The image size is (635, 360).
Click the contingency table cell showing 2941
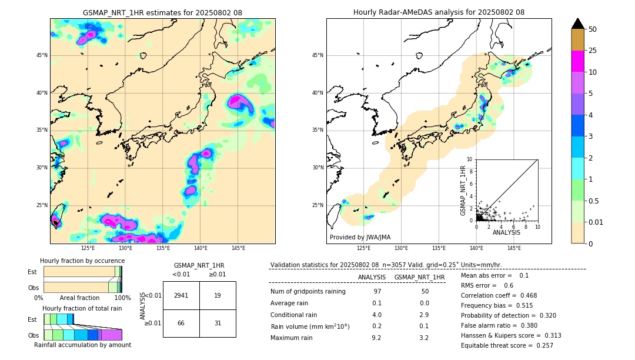181,295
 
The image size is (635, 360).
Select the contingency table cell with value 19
218,295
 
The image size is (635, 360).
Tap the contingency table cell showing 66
181,323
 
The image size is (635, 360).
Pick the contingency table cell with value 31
218,323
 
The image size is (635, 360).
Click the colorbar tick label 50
593,29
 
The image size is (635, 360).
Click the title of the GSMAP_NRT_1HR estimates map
162,12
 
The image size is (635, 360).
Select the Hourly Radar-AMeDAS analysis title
439,12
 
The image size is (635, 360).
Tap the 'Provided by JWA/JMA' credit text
360,237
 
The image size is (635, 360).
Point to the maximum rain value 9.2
377,338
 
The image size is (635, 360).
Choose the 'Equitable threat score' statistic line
507,345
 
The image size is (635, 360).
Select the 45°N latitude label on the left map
42,55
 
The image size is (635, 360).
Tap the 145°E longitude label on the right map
514,248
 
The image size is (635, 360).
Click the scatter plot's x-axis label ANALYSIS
506,232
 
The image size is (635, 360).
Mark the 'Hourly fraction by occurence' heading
82,261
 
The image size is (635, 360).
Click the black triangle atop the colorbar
578,24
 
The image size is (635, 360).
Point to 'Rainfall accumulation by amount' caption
82,345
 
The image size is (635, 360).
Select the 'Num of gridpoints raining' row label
308,292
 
